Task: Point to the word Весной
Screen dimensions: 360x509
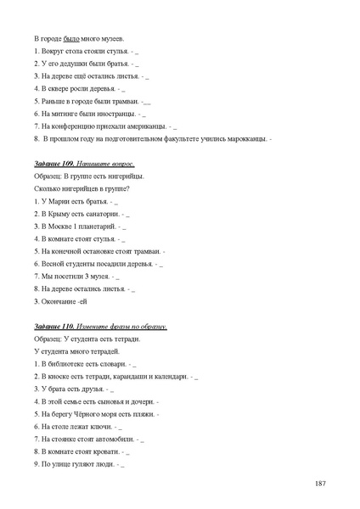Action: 53,264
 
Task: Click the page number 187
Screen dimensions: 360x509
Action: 319,483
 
